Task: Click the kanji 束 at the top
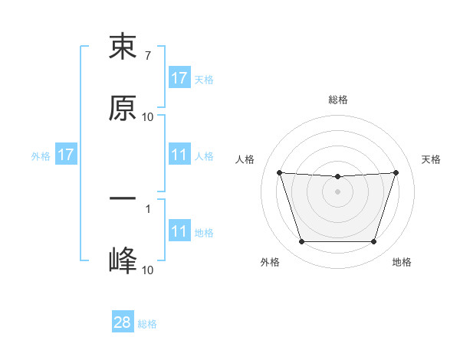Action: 123,47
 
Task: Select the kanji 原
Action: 123,108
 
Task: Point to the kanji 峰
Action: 123,261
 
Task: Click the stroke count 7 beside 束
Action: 147,56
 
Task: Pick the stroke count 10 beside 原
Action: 148,117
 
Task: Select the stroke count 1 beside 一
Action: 147,208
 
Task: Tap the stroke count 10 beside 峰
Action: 148,270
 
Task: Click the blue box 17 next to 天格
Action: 179,78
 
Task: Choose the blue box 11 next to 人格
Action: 179,155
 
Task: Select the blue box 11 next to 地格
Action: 179,232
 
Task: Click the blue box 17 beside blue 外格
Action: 66,155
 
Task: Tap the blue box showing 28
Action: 123,322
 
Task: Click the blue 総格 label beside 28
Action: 147,324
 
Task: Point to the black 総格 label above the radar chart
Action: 337,100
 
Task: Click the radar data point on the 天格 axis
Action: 396,172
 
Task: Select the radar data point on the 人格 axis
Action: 279,172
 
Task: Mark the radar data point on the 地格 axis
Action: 373,241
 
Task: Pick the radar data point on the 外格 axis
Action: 301,241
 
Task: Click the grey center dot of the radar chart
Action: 337,191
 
